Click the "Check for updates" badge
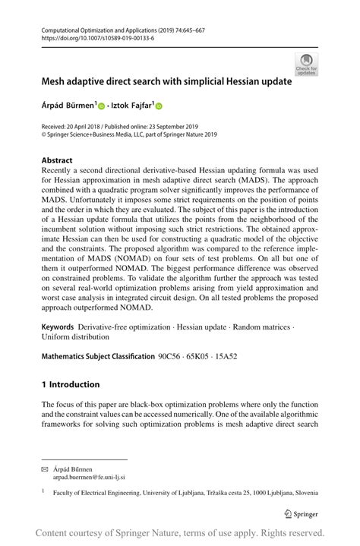[306, 64]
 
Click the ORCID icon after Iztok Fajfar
[159, 106]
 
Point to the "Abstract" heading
[57, 160]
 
